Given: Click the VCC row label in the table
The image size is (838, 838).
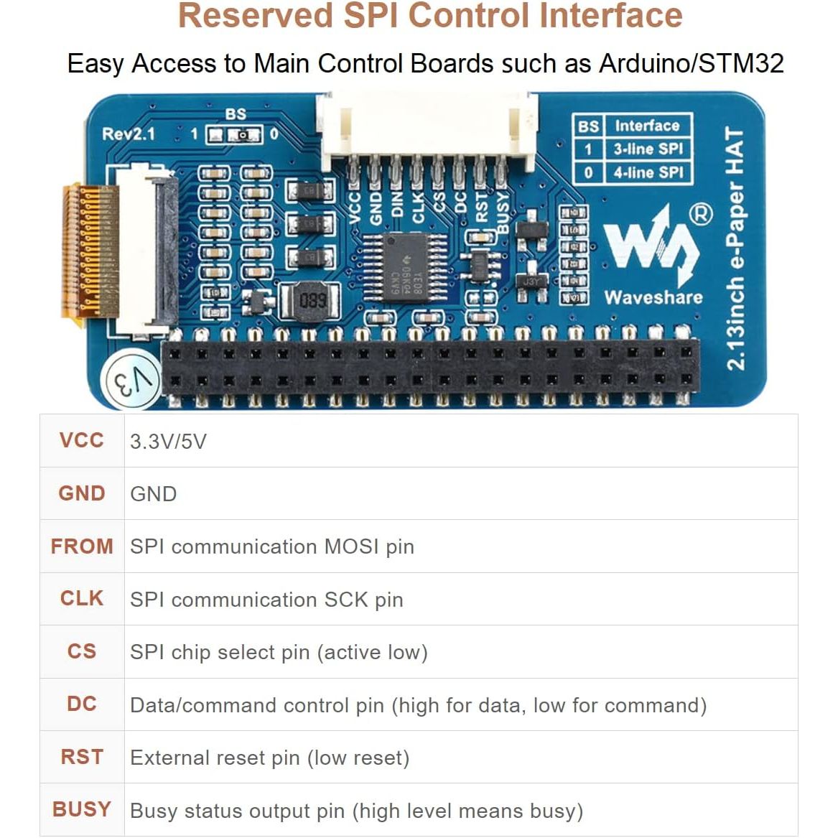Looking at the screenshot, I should [x=82, y=440].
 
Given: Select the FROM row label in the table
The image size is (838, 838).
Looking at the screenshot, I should [x=82, y=546].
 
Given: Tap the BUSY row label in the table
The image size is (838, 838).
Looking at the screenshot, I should [x=82, y=809].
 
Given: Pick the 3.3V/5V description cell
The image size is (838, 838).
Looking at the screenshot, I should [x=168, y=441].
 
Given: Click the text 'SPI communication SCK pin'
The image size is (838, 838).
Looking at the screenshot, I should [x=266, y=600].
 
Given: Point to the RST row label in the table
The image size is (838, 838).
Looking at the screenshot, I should [x=82, y=757].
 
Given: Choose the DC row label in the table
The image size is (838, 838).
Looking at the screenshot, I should [x=82, y=704].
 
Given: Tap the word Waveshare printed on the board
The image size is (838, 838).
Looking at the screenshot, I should [x=653, y=297].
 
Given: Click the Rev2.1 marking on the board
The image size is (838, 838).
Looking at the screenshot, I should [x=129, y=134].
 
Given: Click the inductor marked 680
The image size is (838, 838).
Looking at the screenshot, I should [x=312, y=300].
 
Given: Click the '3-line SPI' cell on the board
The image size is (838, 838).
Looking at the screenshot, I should [x=647, y=149].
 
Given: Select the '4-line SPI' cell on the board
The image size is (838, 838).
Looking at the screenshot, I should [x=647, y=172].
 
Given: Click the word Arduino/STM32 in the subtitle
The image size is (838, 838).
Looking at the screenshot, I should [x=691, y=63].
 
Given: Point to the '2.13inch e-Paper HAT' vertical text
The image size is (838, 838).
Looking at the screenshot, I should [x=735, y=248].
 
